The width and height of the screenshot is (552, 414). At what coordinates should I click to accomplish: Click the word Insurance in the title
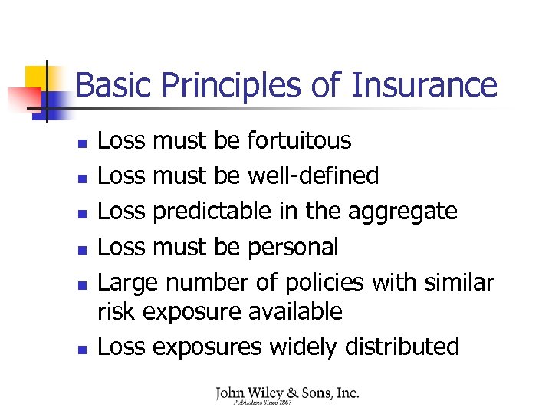click(x=424, y=85)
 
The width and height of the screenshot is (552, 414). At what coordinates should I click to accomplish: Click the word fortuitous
click(x=300, y=141)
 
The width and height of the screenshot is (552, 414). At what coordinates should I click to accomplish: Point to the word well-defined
click(x=314, y=176)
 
